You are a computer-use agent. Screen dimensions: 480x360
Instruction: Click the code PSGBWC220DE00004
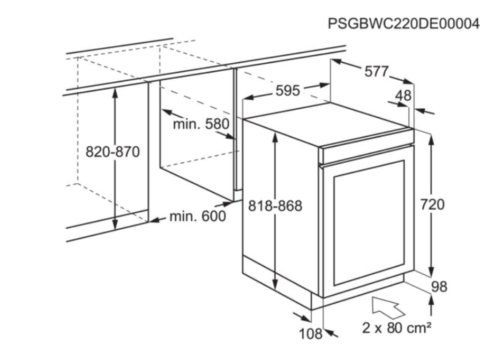click(x=404, y=23)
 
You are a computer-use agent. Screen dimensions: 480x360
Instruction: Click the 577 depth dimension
click(x=376, y=72)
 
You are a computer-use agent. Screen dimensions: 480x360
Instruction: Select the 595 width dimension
click(x=288, y=90)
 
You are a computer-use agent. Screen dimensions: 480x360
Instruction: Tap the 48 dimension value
click(x=404, y=96)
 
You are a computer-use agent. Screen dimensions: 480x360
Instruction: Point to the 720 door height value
click(x=432, y=204)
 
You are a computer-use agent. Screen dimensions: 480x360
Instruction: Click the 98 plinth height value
click(x=439, y=287)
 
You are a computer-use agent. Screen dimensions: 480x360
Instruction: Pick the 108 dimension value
click(x=310, y=334)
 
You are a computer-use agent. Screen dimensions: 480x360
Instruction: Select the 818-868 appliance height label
click(x=275, y=206)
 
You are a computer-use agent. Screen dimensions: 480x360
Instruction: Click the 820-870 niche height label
click(x=112, y=152)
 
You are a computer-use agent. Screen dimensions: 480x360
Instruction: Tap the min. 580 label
click(x=201, y=124)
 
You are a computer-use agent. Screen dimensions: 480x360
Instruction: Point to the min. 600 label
click(x=198, y=217)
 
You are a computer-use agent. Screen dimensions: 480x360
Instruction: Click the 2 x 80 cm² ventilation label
click(x=397, y=328)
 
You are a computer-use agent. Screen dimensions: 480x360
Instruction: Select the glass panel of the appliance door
click(x=369, y=223)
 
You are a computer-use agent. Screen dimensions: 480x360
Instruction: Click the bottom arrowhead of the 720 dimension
click(x=431, y=271)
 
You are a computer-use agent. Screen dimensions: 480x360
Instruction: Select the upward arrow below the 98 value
click(x=431, y=305)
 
